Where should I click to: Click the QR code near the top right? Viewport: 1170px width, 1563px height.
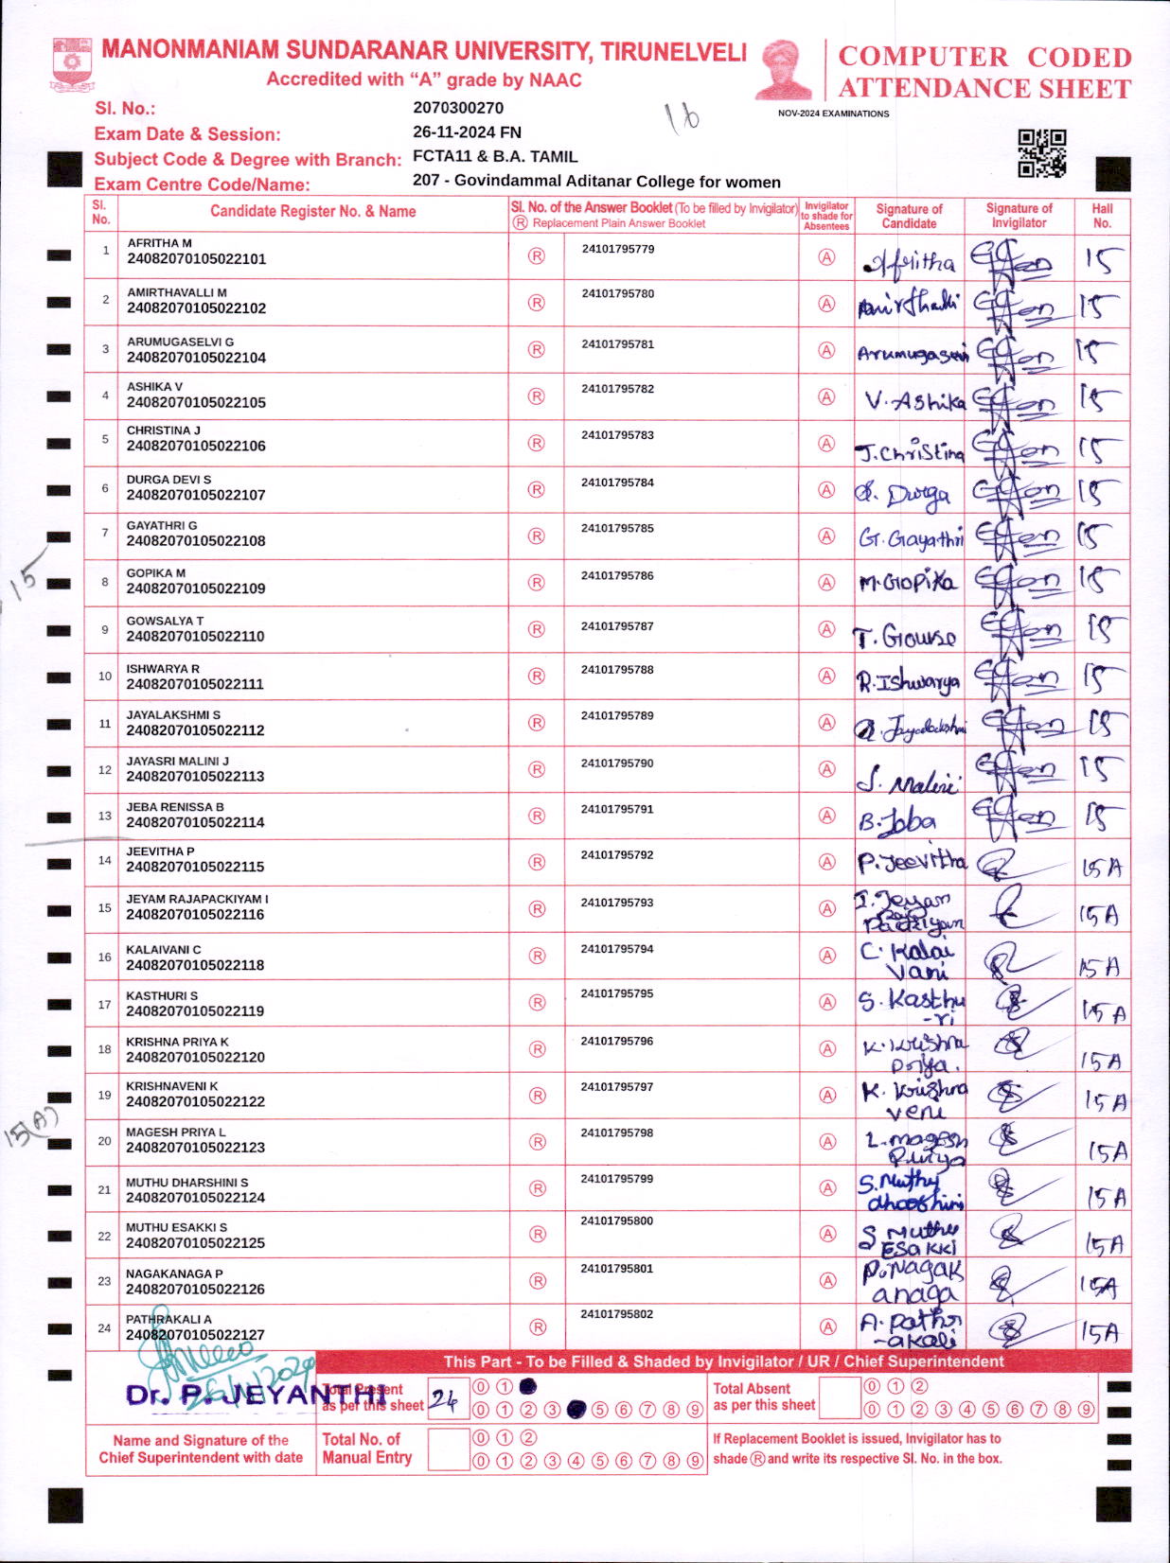pos(1041,153)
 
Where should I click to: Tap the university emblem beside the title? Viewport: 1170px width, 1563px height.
pos(72,64)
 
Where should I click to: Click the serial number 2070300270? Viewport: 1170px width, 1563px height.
pos(458,108)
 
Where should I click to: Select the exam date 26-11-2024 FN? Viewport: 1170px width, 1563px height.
pos(467,132)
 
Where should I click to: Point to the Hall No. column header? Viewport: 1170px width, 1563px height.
pos(1102,216)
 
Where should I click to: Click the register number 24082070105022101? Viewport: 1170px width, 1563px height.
pos(196,258)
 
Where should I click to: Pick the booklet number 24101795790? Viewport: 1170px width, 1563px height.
pos(617,763)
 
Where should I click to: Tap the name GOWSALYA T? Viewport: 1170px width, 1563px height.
pos(165,621)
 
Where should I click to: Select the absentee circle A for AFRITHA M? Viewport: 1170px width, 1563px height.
pos(826,257)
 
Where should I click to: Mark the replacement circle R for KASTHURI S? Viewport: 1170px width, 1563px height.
pos(537,1002)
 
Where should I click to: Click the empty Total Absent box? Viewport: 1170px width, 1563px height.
pos(839,1397)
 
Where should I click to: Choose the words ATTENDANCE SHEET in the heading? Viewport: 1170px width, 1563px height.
pos(984,89)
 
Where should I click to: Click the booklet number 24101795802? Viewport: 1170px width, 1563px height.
pos(617,1314)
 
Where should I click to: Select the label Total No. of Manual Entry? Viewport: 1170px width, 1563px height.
pos(367,1449)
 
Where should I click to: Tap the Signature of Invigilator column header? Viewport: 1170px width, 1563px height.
pos(1019,216)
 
